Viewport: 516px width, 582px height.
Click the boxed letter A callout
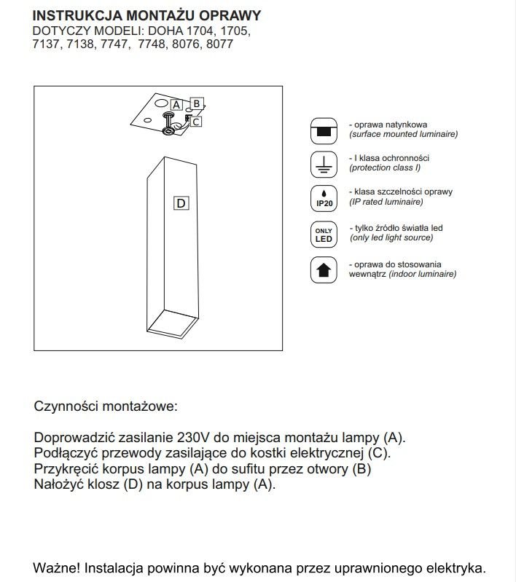[x=176, y=105]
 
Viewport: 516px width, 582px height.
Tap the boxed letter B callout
[x=198, y=103]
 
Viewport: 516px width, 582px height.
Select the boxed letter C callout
[x=198, y=122]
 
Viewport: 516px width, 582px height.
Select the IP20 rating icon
[x=324, y=199]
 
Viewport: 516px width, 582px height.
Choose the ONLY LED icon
[x=324, y=235]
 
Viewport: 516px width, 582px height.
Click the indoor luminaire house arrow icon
[x=324, y=270]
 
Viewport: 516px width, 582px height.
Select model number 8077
[x=219, y=44]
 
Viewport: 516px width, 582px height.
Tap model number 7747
[x=114, y=44]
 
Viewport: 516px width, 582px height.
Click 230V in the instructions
[x=192, y=438]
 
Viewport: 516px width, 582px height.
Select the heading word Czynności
[x=65, y=406]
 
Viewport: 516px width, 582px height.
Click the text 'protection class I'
[x=386, y=168]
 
